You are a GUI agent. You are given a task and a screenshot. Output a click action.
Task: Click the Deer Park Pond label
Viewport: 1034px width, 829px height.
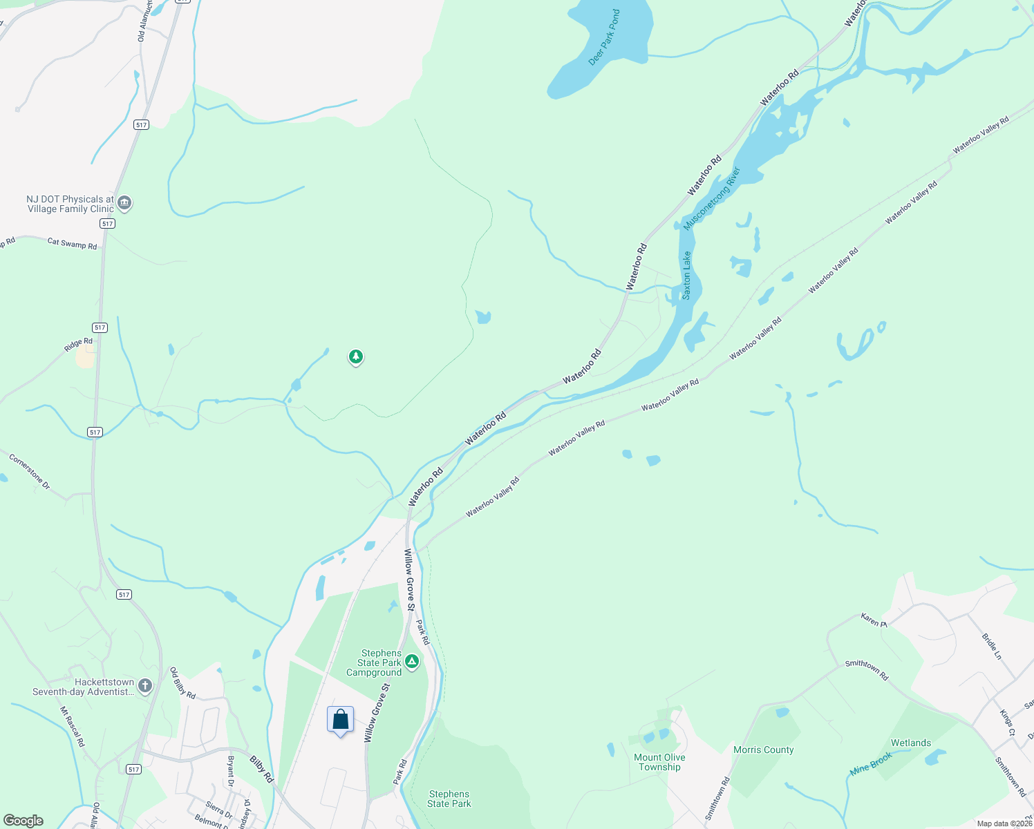[x=604, y=38]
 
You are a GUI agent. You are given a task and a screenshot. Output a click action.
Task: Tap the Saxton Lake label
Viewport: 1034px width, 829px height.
[x=686, y=275]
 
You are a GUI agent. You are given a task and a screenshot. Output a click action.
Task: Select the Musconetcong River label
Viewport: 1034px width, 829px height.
[x=712, y=198]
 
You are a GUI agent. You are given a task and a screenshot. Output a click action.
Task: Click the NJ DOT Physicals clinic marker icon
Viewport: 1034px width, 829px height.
[x=124, y=202]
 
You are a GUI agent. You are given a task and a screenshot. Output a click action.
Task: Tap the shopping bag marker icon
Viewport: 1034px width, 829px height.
[x=340, y=720]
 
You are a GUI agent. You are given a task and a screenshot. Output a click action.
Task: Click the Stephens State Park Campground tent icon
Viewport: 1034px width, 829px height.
[x=412, y=662]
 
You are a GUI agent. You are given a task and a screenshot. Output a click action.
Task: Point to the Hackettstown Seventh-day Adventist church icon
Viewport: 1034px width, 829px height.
[x=144, y=685]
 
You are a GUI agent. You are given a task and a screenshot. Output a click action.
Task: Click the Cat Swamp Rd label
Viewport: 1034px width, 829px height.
[x=72, y=243]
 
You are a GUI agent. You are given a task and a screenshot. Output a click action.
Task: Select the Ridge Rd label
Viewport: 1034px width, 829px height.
[x=78, y=344]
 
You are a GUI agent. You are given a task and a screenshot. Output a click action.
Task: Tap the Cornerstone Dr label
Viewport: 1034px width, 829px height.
[x=30, y=471]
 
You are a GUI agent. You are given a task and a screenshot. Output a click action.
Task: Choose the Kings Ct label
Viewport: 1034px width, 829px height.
[x=1008, y=722]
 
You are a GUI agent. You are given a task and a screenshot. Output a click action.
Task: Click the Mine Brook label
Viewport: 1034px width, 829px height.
[x=871, y=763]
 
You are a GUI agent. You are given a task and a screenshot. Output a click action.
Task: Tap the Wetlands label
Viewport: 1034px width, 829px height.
[x=911, y=743]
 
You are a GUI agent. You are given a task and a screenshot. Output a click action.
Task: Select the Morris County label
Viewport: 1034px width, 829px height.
[x=764, y=750]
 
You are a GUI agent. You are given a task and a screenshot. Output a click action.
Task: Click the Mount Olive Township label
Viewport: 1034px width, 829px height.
[x=659, y=762]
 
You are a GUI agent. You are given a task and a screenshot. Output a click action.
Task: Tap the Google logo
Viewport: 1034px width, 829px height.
[x=23, y=821]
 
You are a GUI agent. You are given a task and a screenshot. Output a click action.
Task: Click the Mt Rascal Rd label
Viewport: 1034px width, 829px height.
[x=72, y=726]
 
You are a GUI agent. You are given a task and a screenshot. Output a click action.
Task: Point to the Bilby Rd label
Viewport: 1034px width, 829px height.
[x=261, y=769]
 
